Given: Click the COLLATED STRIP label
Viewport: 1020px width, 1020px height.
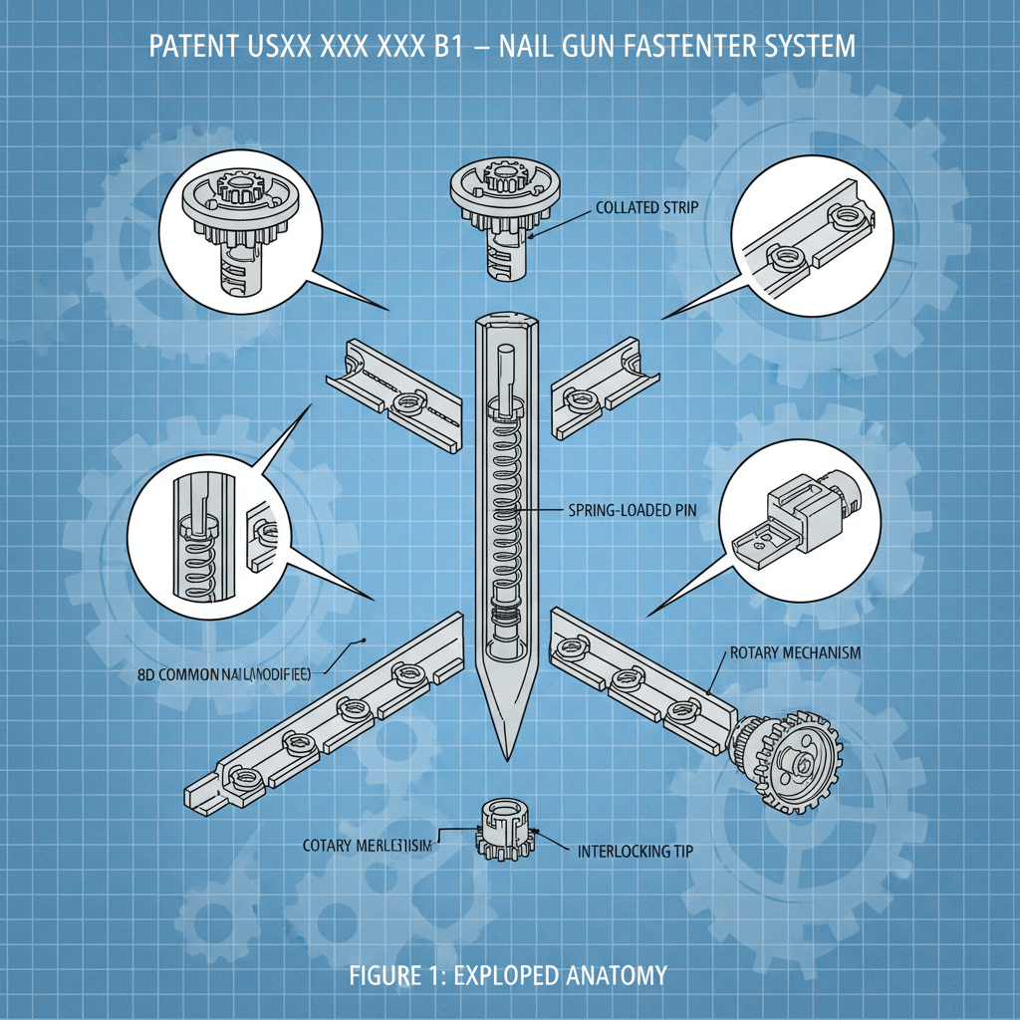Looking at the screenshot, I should (x=646, y=208).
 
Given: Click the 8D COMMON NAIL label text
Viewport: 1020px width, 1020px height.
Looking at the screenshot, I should (x=223, y=674).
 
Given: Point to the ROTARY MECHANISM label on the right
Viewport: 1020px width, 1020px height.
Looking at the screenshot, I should (x=795, y=652).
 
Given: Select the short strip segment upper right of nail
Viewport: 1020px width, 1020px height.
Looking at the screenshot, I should (x=606, y=387).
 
